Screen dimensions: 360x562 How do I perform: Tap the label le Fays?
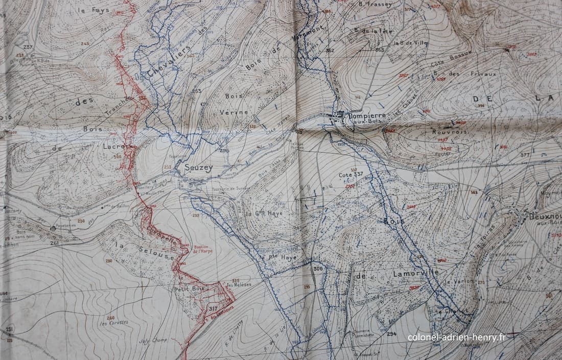tap(93, 10)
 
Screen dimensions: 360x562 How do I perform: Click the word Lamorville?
tap(416, 273)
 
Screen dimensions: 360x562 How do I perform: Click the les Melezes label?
tap(240, 284)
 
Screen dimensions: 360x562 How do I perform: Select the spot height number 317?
tap(213, 308)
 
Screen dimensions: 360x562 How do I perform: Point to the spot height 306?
tap(318, 269)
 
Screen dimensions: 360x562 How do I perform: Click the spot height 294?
tap(391, 334)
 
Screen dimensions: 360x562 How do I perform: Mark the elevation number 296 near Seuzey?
tap(224, 151)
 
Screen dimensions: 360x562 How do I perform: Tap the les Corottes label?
tap(114, 323)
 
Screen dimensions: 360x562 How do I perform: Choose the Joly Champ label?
tap(152, 340)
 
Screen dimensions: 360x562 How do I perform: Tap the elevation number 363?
tap(380, 50)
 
